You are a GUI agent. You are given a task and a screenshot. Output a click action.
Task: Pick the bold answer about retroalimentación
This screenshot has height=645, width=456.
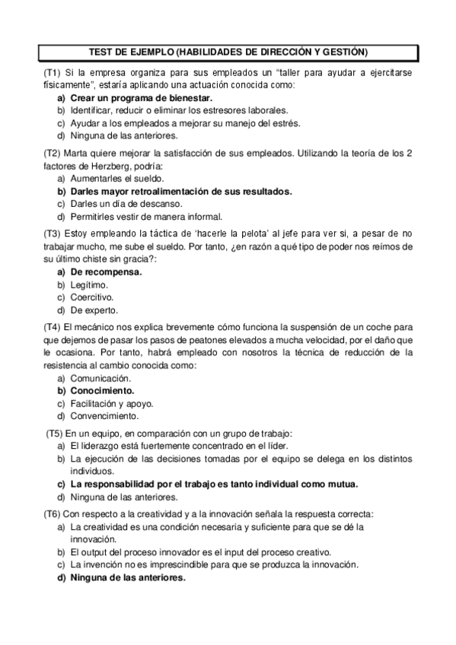181,191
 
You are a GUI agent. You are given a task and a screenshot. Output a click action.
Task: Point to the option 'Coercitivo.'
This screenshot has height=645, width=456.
91,297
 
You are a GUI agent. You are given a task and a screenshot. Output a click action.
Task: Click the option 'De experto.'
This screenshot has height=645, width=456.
94,310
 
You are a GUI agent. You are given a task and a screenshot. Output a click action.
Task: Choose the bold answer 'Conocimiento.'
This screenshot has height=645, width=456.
102,390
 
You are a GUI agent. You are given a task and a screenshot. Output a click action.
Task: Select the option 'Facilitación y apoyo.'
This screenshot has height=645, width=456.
111,403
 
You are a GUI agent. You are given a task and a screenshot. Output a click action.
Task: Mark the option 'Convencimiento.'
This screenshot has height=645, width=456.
104,416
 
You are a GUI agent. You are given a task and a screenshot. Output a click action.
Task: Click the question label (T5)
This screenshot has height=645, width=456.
55,433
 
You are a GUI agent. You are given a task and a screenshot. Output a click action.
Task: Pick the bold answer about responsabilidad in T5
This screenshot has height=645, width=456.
213,483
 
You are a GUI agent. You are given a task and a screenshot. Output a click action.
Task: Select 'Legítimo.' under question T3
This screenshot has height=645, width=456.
89,284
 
